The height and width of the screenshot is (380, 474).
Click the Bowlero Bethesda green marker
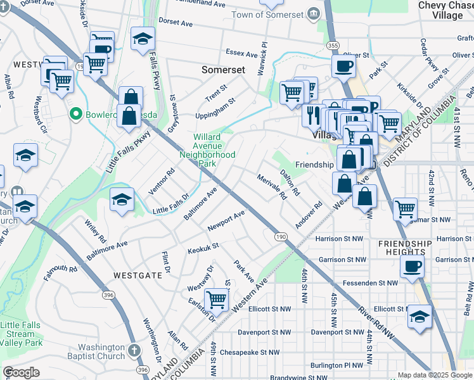coord(76,114)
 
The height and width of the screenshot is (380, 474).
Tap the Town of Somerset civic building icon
coord(312,15)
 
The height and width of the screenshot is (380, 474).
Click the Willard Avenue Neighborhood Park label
coord(207,150)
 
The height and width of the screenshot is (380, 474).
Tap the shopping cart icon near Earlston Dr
coord(217,300)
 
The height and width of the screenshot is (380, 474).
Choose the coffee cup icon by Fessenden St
coord(413,266)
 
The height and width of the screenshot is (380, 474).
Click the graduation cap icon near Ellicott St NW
coord(420,316)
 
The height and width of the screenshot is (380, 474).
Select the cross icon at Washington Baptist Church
coord(134,350)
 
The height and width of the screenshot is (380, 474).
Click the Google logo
coord(20,372)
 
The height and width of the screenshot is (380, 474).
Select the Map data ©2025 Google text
coord(435,375)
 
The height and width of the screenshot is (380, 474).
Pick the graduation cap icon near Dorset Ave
coord(143,38)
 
